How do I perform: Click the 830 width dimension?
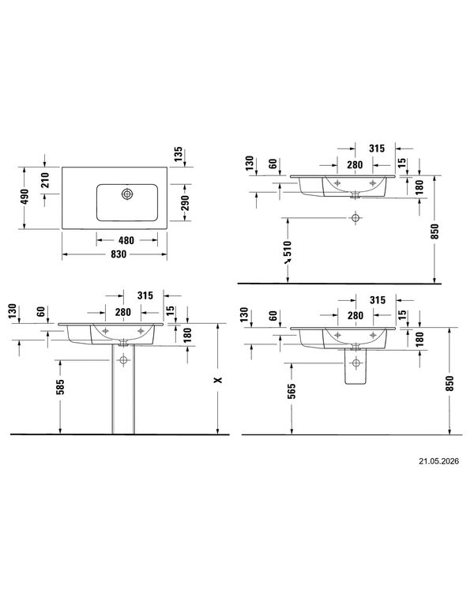pos(118,254)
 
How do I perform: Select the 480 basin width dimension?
pos(126,240)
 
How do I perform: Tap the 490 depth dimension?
pos(24,197)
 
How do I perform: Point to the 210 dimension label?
pos(45,180)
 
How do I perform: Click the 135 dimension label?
pos(178,154)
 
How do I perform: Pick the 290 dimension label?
pos(185,203)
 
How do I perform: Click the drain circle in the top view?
pos(127,194)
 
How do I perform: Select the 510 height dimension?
pos(288,249)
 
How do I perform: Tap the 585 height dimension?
pos(60,387)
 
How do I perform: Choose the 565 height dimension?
pos(292,391)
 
